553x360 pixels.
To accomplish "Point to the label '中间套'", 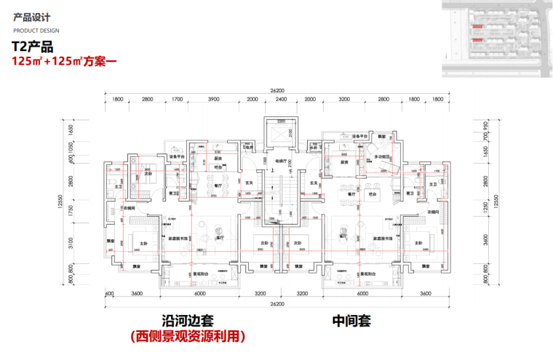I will coord(352,321).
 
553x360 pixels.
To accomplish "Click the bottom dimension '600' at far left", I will coord(110,295).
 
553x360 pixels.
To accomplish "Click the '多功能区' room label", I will coord(383,156).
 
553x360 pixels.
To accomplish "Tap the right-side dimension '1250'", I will coord(485,207).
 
